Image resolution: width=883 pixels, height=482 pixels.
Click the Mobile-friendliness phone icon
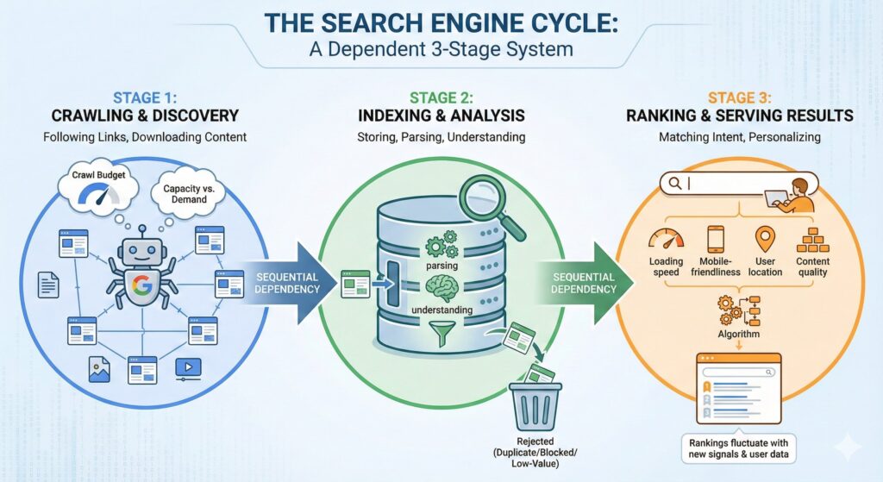[x=716, y=239]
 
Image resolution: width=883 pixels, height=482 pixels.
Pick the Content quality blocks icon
[x=812, y=240]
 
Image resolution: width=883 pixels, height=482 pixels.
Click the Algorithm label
[x=737, y=334]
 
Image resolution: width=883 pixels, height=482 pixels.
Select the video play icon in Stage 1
[x=187, y=369]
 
